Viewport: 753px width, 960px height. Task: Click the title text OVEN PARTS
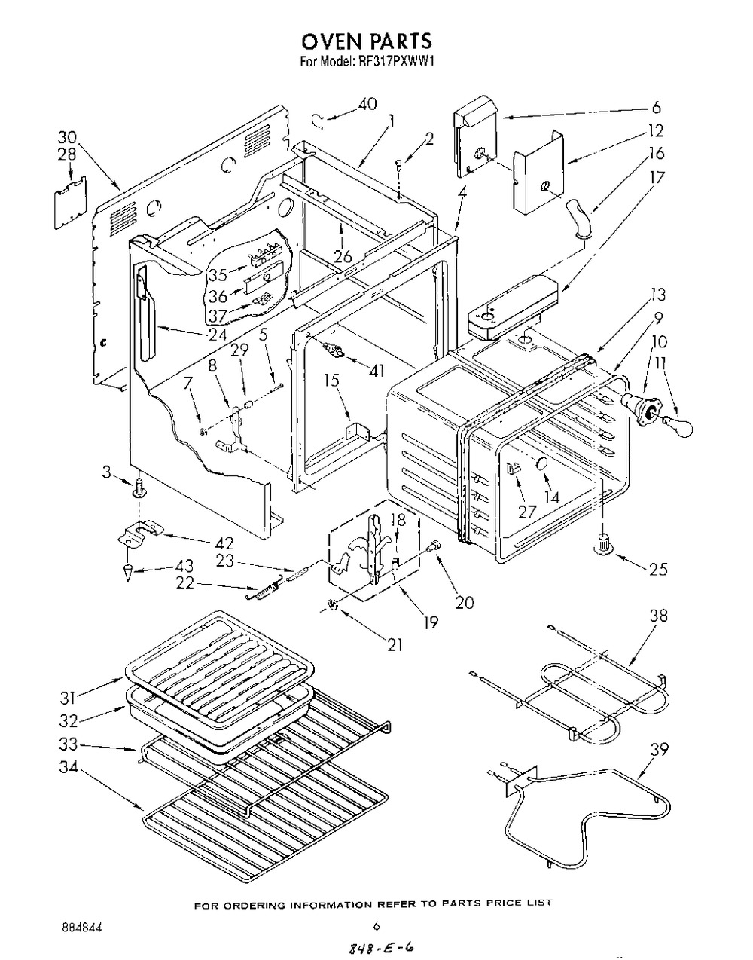(x=367, y=41)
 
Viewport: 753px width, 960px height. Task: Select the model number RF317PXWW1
(x=391, y=62)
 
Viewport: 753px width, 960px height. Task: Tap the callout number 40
(x=367, y=104)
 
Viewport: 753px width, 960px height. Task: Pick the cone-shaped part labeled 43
(x=128, y=573)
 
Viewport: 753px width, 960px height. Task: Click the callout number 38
(x=658, y=616)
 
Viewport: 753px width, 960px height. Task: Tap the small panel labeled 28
(x=70, y=203)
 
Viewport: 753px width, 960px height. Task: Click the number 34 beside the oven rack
(x=69, y=768)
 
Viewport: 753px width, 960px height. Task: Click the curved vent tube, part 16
(x=577, y=218)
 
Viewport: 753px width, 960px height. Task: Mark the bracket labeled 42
(x=140, y=532)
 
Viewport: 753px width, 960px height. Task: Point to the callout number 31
(x=69, y=699)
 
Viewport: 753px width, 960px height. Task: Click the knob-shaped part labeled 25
(x=603, y=543)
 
